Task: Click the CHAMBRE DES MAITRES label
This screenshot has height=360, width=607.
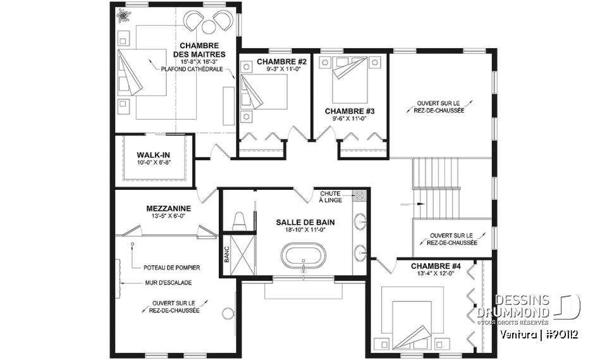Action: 199,50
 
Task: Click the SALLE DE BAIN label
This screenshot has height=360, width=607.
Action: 305,223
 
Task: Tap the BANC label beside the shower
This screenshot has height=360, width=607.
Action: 226,255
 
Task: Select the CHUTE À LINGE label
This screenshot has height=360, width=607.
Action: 330,197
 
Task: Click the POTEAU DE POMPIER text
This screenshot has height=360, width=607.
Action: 172,268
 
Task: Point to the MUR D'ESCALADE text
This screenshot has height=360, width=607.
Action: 168,283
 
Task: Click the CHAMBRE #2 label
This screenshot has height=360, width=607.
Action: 282,61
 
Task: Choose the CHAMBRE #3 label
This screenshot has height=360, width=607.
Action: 350,111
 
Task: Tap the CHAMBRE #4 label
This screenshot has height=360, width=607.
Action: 436,266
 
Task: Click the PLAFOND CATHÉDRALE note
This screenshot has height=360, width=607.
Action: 192,70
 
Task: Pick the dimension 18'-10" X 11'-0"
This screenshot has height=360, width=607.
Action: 305,230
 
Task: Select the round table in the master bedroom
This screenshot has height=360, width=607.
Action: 209,27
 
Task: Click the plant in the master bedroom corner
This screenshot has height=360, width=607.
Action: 123,15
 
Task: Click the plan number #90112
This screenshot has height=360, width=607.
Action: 561,335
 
